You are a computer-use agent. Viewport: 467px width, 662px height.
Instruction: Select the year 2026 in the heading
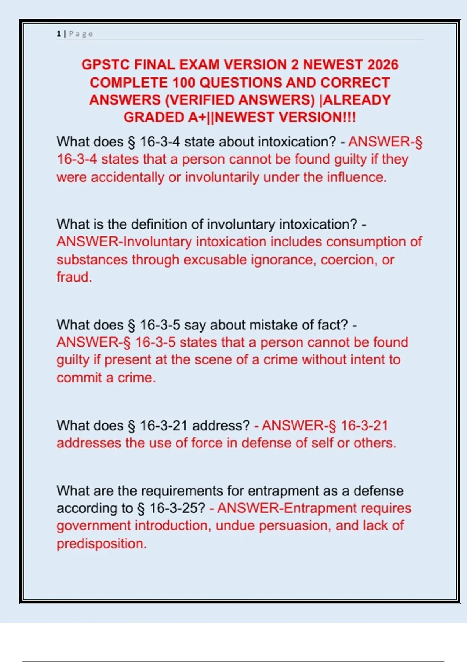tap(383, 65)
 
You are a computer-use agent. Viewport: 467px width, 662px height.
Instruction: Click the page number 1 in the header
tap(58, 34)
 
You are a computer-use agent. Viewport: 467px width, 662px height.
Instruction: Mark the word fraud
tap(74, 277)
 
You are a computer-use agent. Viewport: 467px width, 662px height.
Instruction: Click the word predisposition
tap(102, 544)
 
